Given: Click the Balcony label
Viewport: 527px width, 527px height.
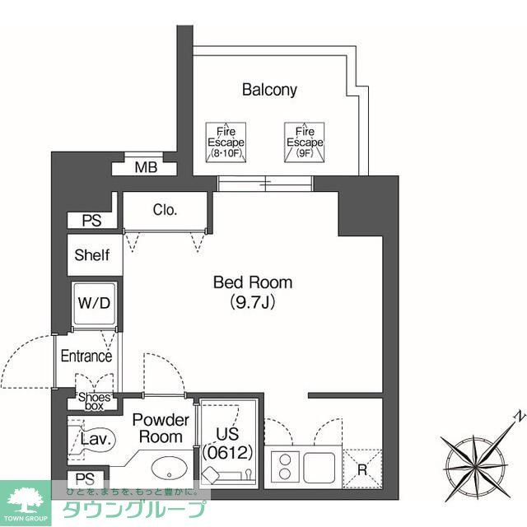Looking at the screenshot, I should (x=269, y=90).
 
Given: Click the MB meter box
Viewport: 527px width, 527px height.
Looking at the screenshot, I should (x=146, y=168).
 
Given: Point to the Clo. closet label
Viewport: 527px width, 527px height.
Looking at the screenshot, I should (x=165, y=210).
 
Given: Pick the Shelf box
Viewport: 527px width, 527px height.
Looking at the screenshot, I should (x=91, y=255).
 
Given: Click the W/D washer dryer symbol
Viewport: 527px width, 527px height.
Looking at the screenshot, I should (x=94, y=303).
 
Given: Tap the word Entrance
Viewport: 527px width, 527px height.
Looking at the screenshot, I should (x=86, y=357).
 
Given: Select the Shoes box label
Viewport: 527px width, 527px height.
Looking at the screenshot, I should (x=94, y=400).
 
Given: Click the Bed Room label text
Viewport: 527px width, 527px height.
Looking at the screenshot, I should (x=252, y=282).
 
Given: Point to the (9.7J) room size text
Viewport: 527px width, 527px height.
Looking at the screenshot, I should (x=252, y=302).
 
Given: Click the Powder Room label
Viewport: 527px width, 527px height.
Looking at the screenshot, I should (x=160, y=427).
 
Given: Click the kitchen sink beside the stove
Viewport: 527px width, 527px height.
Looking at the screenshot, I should (x=320, y=467).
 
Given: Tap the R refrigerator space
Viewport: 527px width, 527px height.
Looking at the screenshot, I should (x=363, y=467).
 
